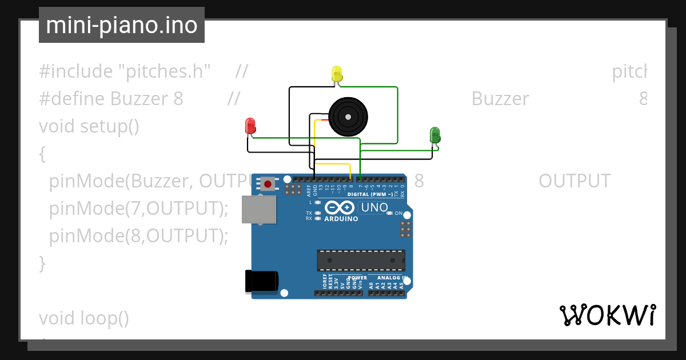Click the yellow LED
coord(337,74)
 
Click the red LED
coord(250,126)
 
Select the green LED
coord(435,135)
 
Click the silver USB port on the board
coord(258,210)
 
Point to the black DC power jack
coord(261,281)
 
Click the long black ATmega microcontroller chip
coord(361,260)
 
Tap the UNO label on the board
coord(374,207)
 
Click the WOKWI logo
coord(607,315)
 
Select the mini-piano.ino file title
coord(122,25)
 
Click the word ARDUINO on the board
coord(341,219)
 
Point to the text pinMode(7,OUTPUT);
coord(138,209)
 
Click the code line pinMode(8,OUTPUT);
coord(138,235)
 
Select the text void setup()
coord(89,126)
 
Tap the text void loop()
coord(84,318)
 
